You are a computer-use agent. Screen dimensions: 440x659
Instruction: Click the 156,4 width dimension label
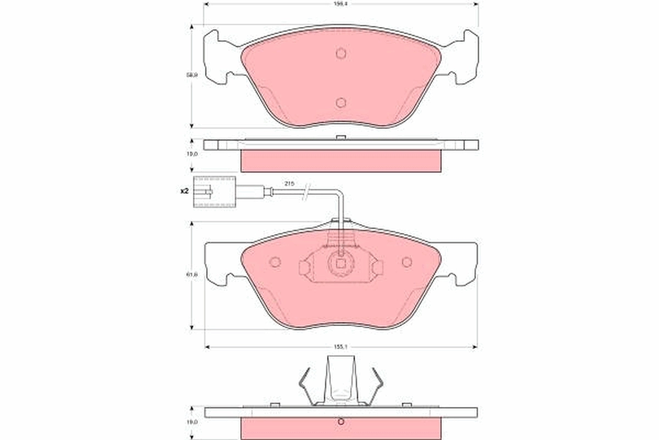(x=341, y=3)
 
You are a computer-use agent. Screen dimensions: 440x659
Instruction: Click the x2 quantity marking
(x=184, y=191)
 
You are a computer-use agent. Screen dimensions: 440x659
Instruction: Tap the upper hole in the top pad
(x=341, y=53)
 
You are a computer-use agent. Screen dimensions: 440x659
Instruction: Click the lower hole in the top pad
(x=341, y=103)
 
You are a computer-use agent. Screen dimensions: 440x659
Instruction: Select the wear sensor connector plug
(x=214, y=191)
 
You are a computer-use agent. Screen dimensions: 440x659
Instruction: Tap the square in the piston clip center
(x=341, y=263)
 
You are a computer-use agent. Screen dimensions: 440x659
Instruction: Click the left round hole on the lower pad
(x=275, y=262)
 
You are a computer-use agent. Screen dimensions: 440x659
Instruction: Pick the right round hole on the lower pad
(x=407, y=262)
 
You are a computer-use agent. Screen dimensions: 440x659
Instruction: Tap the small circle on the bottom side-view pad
(x=341, y=422)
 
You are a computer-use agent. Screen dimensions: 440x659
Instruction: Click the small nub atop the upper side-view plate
(x=341, y=137)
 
